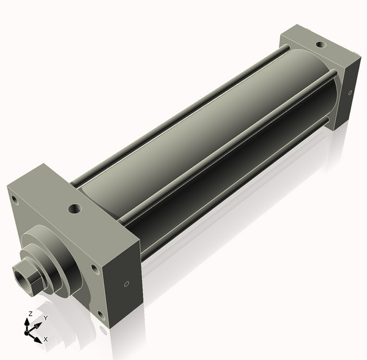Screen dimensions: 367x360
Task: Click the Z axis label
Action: pyautogui.click(x=30, y=314)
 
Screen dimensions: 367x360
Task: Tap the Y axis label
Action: pyautogui.click(x=46, y=318)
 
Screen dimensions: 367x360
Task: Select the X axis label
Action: pyautogui.click(x=46, y=339)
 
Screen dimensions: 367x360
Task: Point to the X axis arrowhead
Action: pyautogui.click(x=38, y=340)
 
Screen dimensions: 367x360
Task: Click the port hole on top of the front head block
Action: pyautogui.click(x=75, y=208)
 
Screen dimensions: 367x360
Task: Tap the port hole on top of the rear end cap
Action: pyautogui.click(x=320, y=44)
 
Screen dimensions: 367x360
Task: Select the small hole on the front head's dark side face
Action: pyautogui.click(x=127, y=284)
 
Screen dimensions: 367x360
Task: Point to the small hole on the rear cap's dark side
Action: pyautogui.click(x=350, y=92)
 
